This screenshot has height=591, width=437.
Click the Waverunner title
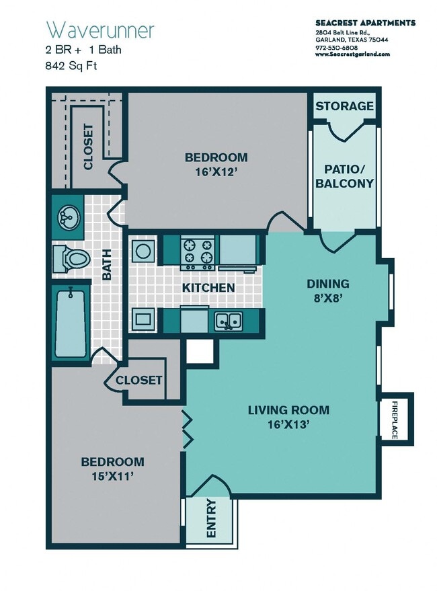100,30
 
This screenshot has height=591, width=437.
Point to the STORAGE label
345,106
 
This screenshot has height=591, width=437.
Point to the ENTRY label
211,518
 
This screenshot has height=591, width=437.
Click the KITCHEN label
208,288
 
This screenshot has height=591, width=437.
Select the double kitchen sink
229,321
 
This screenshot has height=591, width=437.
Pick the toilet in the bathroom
71,258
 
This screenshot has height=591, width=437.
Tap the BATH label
107,266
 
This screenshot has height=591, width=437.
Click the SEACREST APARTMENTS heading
365,23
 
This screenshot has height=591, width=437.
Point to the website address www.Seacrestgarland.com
352,54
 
